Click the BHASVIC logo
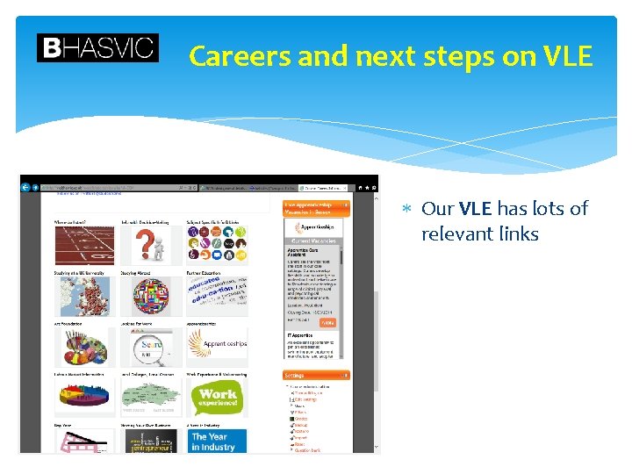pos(97,47)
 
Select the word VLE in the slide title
pos(568,56)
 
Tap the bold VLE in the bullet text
pos(475,209)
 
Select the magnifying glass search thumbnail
pos(150,348)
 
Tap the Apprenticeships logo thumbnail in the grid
pos(216,345)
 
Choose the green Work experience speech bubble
pos(216,398)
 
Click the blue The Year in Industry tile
pos(216,441)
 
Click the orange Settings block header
pos(315,375)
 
